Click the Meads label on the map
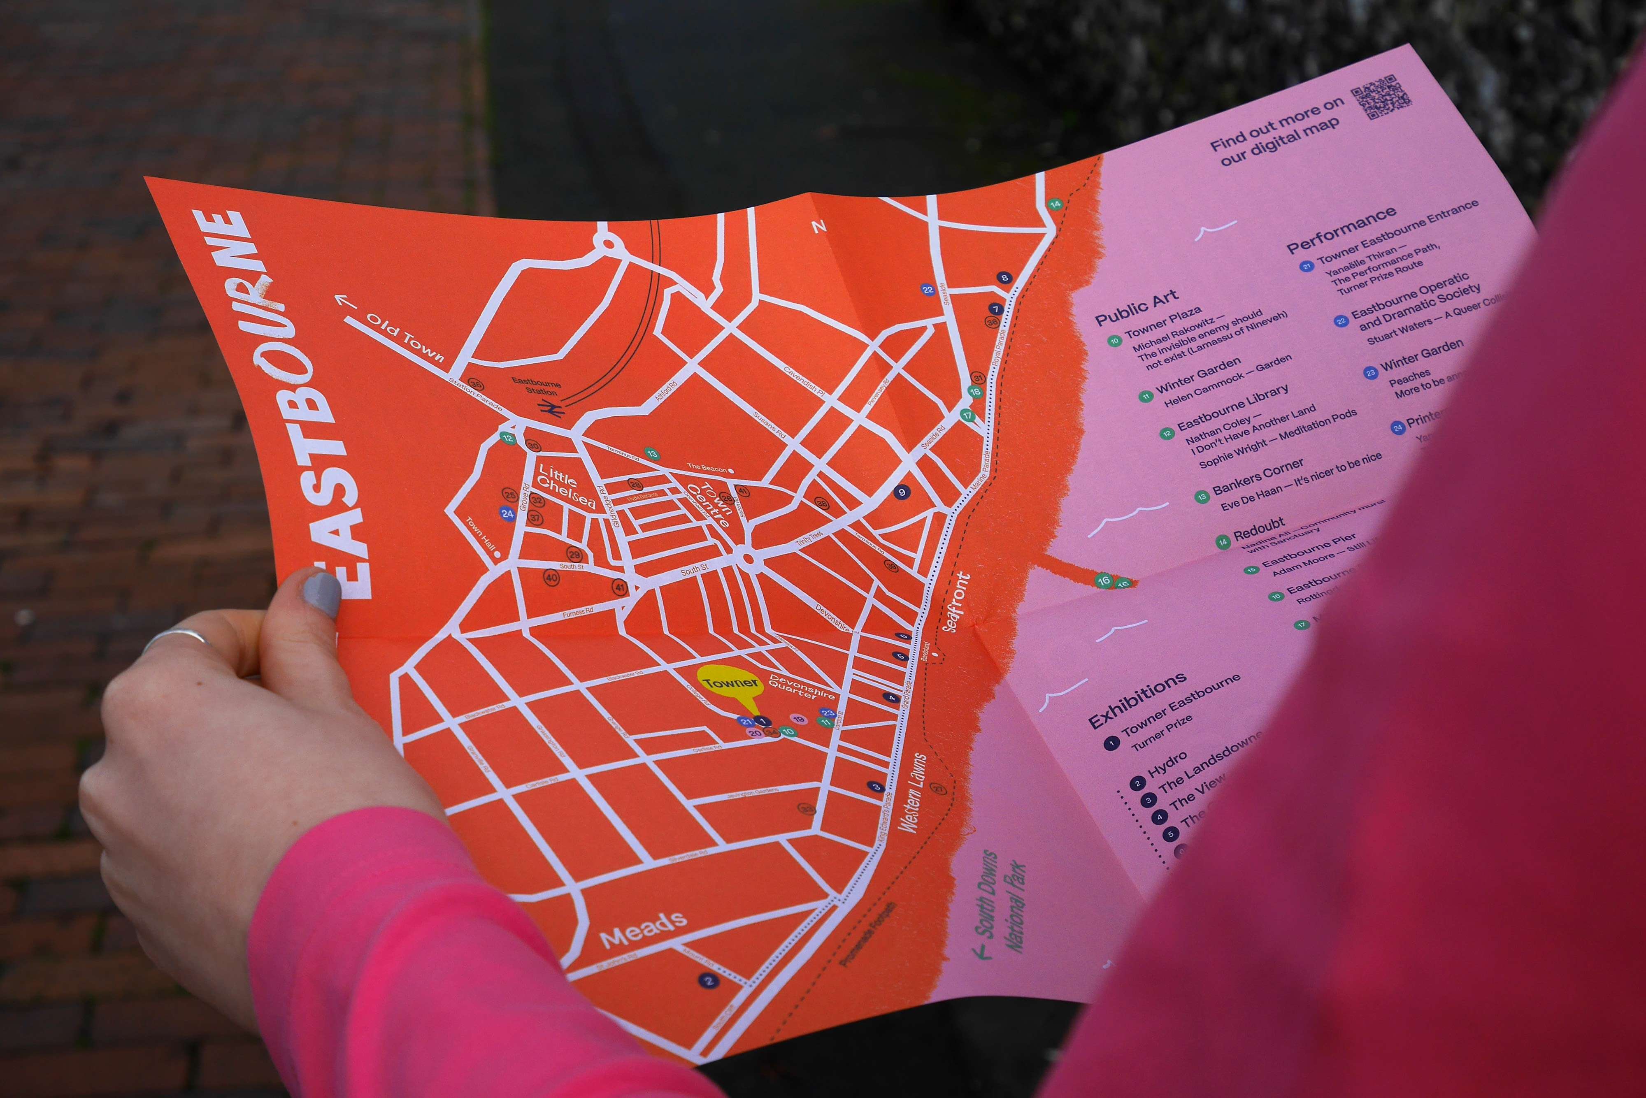(x=644, y=927)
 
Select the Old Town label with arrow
(x=396, y=333)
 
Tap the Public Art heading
(x=1136, y=307)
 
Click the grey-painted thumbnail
(x=323, y=594)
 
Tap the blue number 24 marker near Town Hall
(x=507, y=513)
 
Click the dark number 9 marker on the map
(x=902, y=492)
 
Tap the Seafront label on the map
(x=957, y=602)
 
